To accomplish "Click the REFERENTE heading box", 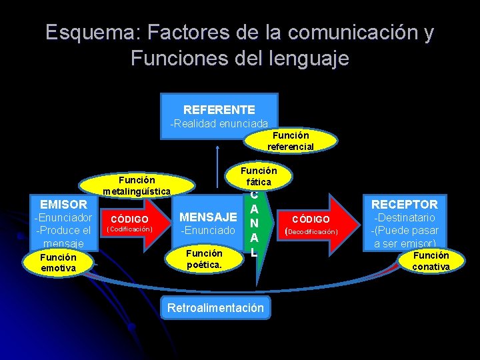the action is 219,109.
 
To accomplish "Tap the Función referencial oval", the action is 291,141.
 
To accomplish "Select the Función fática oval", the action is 259,176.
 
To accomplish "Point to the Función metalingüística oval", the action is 137,185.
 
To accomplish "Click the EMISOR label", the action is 63,205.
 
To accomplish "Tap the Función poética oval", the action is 204,259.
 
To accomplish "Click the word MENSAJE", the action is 208,217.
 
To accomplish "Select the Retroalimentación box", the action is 215,308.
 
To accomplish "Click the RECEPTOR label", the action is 405,204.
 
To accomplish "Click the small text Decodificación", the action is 313,232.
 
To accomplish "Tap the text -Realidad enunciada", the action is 219,124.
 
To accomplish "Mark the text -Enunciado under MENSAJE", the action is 208,231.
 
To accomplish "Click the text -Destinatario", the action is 405,218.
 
